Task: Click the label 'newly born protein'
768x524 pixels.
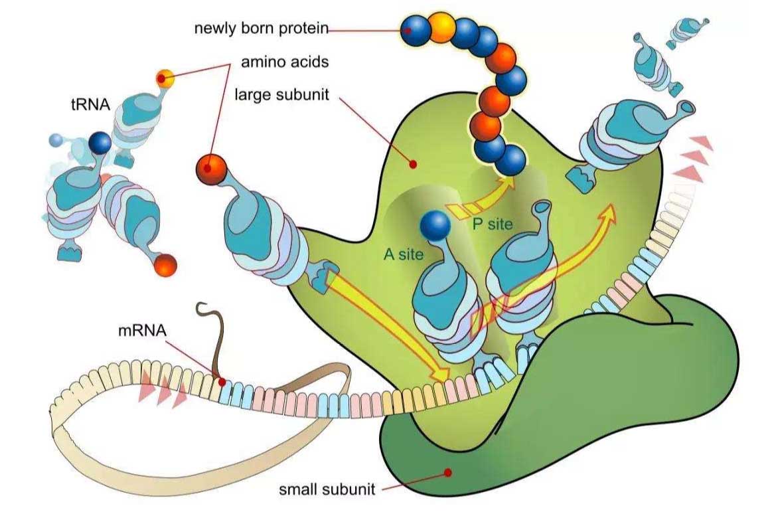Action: click(261, 29)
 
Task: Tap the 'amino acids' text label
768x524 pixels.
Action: click(285, 62)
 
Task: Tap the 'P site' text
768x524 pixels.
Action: click(493, 224)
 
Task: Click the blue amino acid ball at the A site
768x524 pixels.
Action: click(435, 226)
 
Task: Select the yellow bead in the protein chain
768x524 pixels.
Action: click(442, 27)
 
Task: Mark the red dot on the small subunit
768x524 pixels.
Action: click(448, 473)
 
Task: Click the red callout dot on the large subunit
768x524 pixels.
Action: click(414, 163)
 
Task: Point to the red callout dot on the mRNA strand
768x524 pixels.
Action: click(222, 383)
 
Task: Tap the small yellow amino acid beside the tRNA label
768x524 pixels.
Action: click(165, 78)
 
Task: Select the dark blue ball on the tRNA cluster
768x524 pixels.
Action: click(100, 142)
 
